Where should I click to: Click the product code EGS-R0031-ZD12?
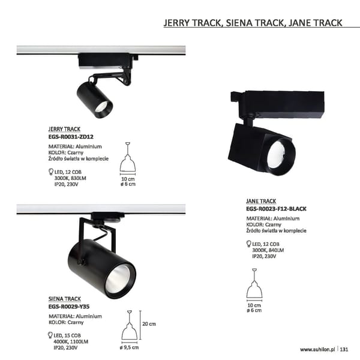pos(71,137)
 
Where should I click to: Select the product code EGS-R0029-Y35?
pos(69,307)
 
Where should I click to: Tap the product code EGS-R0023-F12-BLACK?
pos(276,209)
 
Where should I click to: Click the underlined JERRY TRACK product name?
pos(64,129)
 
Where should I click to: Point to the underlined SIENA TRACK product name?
pos(65,299)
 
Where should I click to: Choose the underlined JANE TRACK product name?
pos(261,201)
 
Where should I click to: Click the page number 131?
pos(344,349)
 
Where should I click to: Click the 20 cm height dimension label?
pos(149,324)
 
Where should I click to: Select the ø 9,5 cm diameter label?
pos(129,347)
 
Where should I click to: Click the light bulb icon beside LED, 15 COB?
pos(50,335)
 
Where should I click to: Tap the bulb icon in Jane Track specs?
pos(248,244)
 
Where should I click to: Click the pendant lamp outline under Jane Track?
pos(254,284)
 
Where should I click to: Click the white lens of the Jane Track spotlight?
pos(277,154)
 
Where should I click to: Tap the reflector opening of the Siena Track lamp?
pos(118,279)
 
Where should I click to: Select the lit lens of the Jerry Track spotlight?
pos(101,107)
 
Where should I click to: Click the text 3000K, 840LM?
pos(268,250)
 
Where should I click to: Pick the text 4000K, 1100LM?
pos(71,341)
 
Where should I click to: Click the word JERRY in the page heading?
pos(176,23)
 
